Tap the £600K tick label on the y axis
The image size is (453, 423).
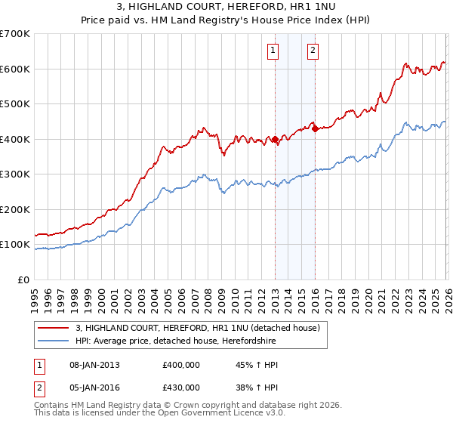click(x=15, y=69)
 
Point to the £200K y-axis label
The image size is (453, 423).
click(x=15, y=209)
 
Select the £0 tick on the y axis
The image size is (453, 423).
click(x=23, y=279)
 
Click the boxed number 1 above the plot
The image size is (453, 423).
click(x=272, y=51)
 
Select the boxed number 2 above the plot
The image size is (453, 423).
click(x=312, y=51)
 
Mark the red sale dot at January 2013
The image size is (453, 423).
click(x=275, y=140)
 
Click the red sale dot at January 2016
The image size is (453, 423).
click(x=315, y=128)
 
